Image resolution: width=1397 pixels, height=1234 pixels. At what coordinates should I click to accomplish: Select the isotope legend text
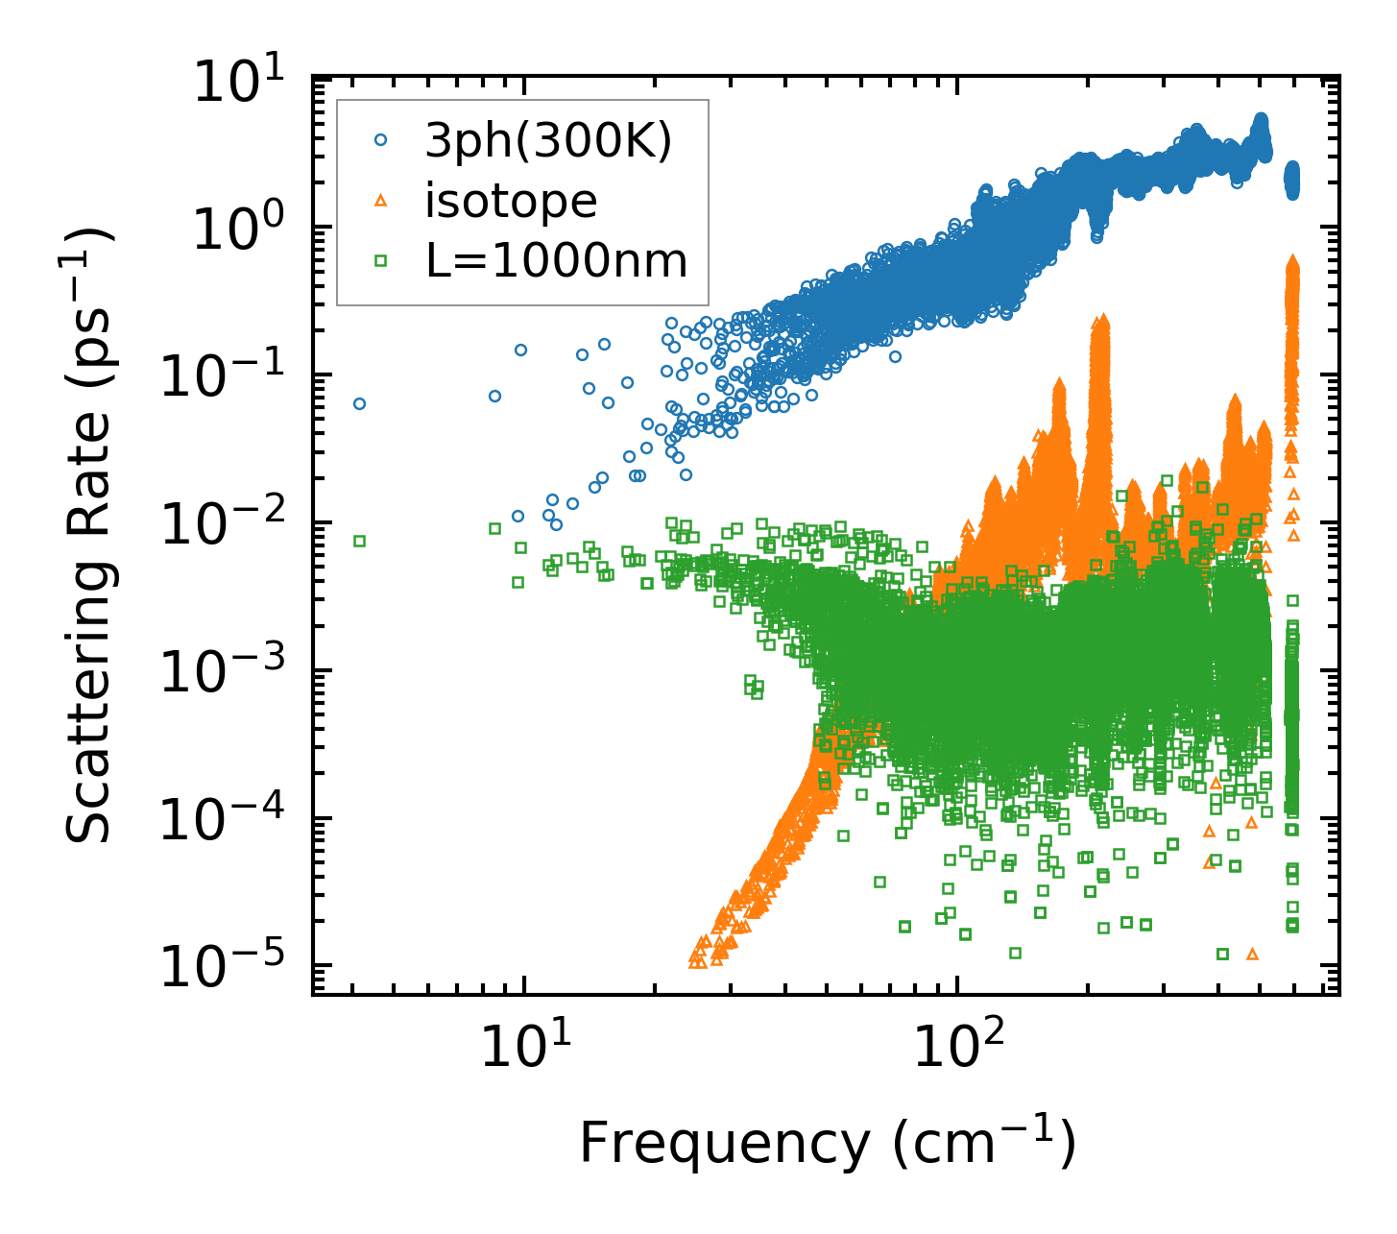click(x=511, y=201)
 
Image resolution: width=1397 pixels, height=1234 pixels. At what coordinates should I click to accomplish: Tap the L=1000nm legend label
click(x=557, y=261)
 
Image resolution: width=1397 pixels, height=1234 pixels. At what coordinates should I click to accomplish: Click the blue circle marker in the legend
click(x=380, y=140)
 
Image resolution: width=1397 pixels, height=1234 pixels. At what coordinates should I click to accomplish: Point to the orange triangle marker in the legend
click(x=380, y=201)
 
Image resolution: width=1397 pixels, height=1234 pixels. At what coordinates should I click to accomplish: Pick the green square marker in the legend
click(x=380, y=260)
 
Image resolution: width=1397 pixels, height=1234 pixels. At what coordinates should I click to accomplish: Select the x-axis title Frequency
click(x=826, y=1143)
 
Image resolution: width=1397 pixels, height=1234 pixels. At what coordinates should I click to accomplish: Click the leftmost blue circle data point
click(x=359, y=404)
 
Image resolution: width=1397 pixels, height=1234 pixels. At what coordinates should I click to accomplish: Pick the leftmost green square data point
click(x=359, y=541)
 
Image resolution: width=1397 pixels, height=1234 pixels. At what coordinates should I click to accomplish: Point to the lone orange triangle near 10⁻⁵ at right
click(x=1251, y=954)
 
